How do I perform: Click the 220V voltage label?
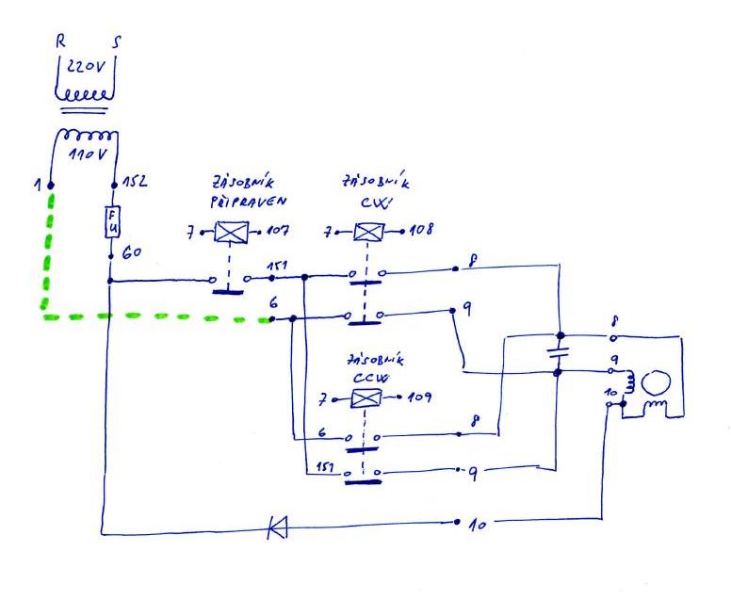pyautogui.click(x=87, y=66)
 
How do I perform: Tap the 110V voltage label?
pyautogui.click(x=86, y=153)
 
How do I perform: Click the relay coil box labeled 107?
pyautogui.click(x=228, y=231)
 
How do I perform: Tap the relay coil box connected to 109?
pyautogui.click(x=363, y=398)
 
